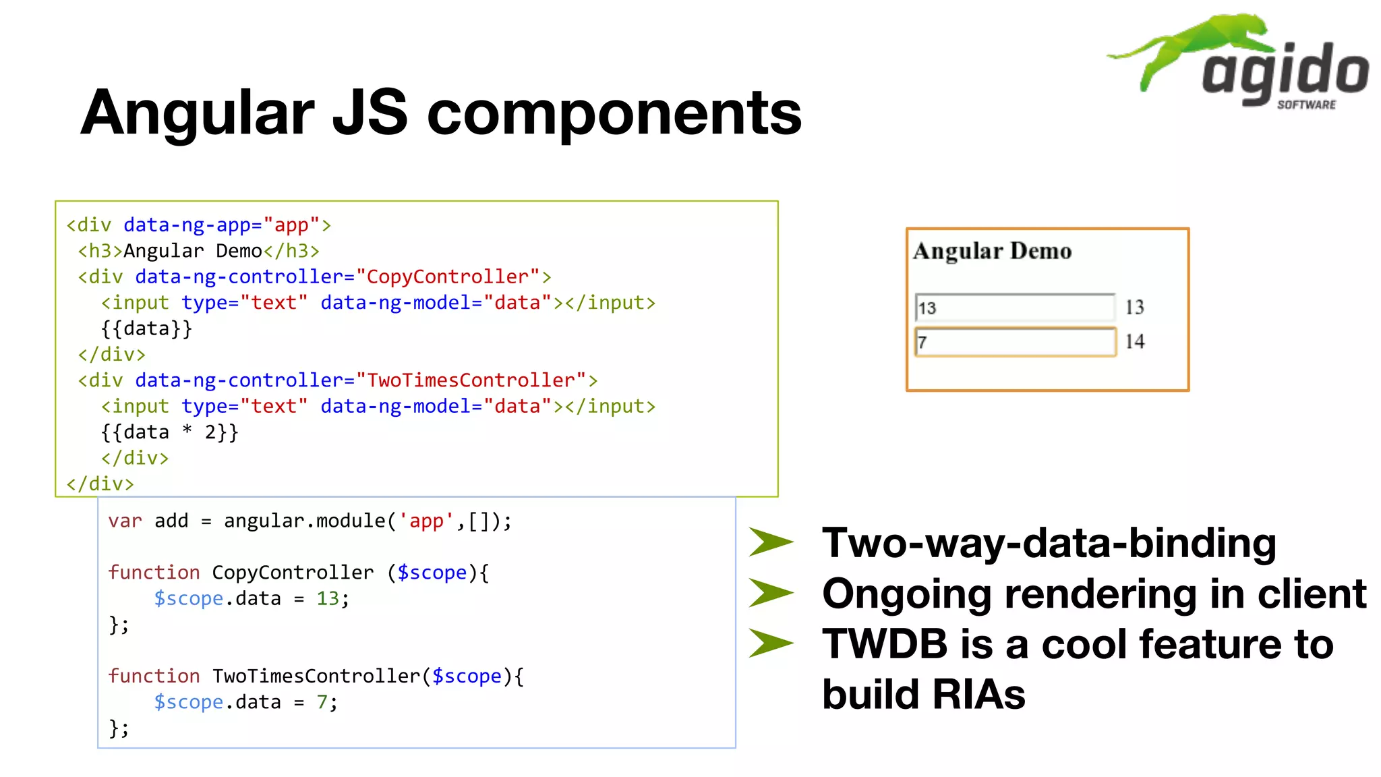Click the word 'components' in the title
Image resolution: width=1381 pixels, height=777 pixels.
[614, 113]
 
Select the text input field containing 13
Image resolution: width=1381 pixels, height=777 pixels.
[1014, 308]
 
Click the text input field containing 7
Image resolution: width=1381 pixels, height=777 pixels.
[1014, 342]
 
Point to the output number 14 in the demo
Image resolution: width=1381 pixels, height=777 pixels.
[1134, 341]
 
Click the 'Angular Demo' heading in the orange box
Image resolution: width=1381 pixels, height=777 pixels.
[992, 251]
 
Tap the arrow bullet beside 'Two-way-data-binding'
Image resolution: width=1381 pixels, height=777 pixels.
[770, 542]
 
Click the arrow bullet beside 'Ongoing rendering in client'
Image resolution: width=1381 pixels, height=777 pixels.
[770, 593]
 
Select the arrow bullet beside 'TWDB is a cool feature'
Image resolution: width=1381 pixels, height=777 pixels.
[770, 643]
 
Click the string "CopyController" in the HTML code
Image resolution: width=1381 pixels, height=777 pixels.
[448, 277]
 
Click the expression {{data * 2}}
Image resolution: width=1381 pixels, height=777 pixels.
[169, 432]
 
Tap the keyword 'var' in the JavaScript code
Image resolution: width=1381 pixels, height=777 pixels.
[125, 521]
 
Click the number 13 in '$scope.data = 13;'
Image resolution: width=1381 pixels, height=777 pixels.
[328, 599]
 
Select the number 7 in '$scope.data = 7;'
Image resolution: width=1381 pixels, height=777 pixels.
[322, 702]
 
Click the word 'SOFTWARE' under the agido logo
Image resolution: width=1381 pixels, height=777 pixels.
[1306, 105]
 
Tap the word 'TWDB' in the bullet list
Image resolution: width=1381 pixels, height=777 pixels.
[884, 644]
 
